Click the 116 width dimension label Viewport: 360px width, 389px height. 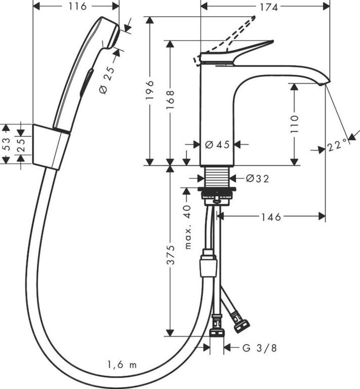77,7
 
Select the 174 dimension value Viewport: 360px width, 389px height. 269,8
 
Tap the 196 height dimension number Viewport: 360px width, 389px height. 150,90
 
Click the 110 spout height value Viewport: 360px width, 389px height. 295,124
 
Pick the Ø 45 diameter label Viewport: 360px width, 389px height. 217,144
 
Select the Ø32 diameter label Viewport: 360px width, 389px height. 257,178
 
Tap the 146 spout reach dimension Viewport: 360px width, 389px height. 271,217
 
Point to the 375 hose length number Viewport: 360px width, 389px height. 171,255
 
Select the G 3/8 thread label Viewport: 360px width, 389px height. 259,348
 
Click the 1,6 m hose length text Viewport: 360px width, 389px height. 122,365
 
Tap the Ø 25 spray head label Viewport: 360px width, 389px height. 108,80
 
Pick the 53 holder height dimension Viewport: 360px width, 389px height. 7,144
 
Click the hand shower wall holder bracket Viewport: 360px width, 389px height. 51,147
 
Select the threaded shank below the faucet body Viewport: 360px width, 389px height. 217,176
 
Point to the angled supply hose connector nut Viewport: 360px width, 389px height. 241,325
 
